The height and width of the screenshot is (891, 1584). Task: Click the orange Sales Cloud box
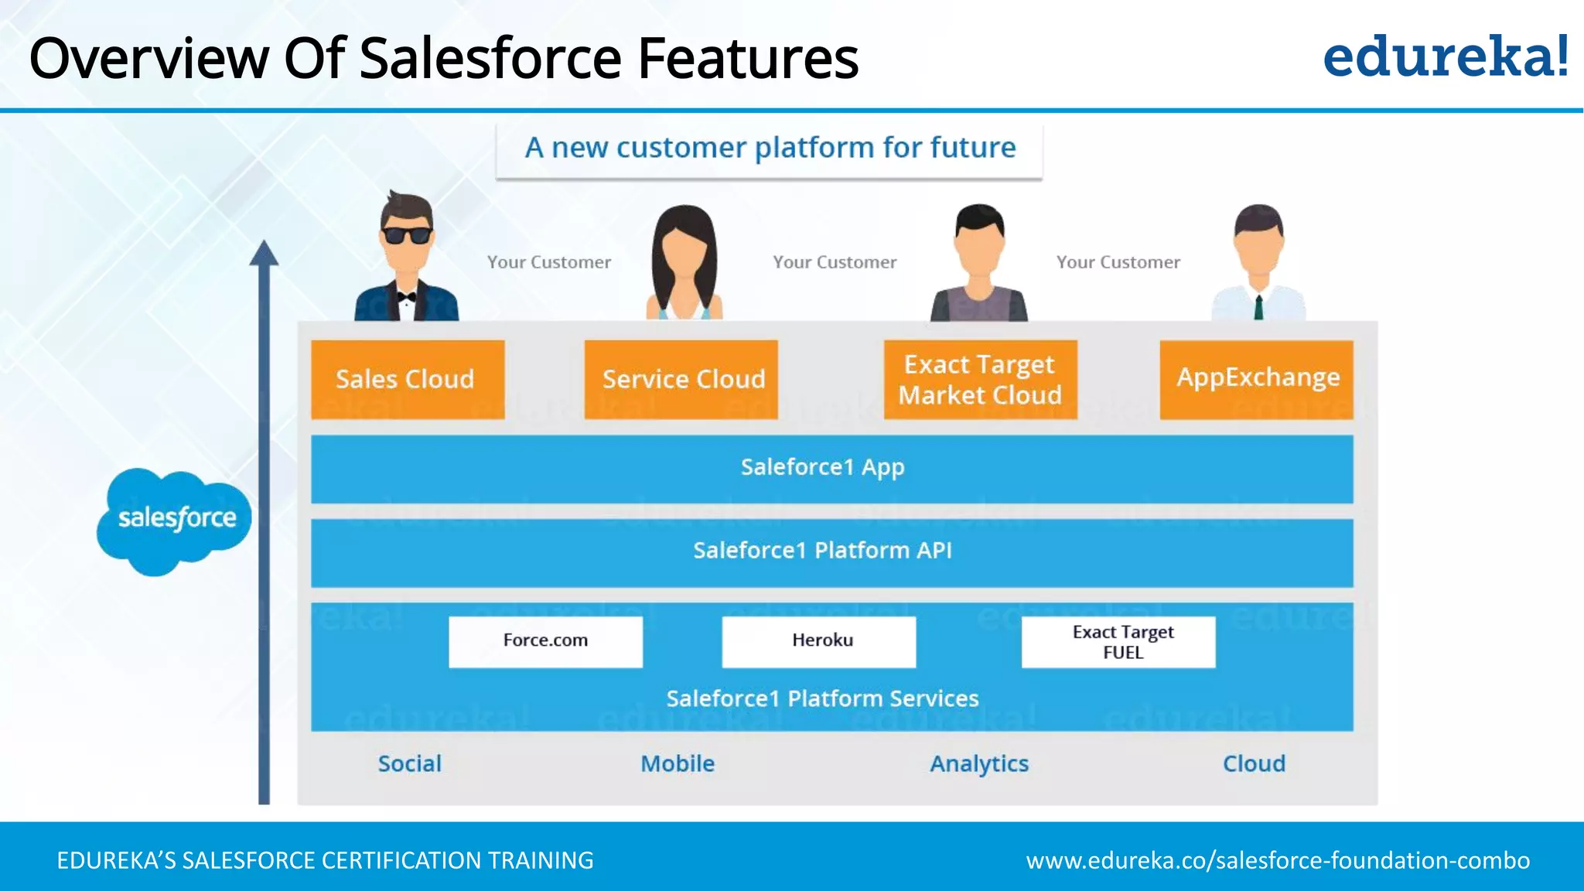[408, 380]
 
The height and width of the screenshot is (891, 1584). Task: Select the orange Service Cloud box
[681, 380]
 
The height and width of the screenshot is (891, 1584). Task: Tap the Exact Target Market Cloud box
[980, 380]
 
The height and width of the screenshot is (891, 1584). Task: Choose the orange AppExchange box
[1256, 380]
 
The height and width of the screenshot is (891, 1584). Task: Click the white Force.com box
[545, 641]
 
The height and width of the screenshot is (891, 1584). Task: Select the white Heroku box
[818, 641]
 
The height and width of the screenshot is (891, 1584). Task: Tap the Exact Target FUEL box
[1118, 641]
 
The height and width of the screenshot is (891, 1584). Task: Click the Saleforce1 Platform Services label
[822, 699]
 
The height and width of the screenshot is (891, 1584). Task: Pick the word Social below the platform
[409, 764]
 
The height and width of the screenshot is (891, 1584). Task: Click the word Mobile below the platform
[678, 764]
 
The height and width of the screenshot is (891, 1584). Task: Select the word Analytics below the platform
[978, 764]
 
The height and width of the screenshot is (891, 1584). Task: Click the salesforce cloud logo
[174, 520]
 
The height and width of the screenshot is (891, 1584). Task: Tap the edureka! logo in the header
[1445, 57]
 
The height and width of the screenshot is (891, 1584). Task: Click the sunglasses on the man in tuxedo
[406, 234]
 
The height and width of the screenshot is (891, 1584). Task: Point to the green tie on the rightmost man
[1258, 307]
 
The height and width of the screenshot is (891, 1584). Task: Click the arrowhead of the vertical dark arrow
[264, 253]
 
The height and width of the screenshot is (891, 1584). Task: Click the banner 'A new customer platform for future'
[769, 148]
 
